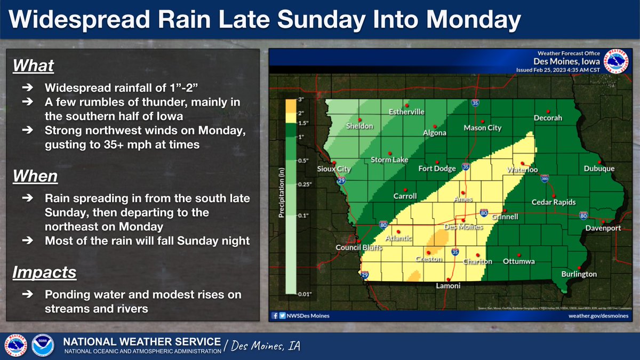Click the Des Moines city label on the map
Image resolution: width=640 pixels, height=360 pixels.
click(x=463, y=227)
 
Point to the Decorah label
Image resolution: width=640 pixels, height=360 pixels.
click(x=548, y=118)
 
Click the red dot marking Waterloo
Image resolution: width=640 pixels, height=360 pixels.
click(x=523, y=163)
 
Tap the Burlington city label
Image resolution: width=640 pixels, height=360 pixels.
click(x=579, y=274)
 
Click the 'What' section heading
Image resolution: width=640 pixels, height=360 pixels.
click(x=33, y=66)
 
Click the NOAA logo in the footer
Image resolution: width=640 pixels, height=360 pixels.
click(x=42, y=345)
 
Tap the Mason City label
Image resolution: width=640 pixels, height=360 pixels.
click(x=483, y=128)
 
